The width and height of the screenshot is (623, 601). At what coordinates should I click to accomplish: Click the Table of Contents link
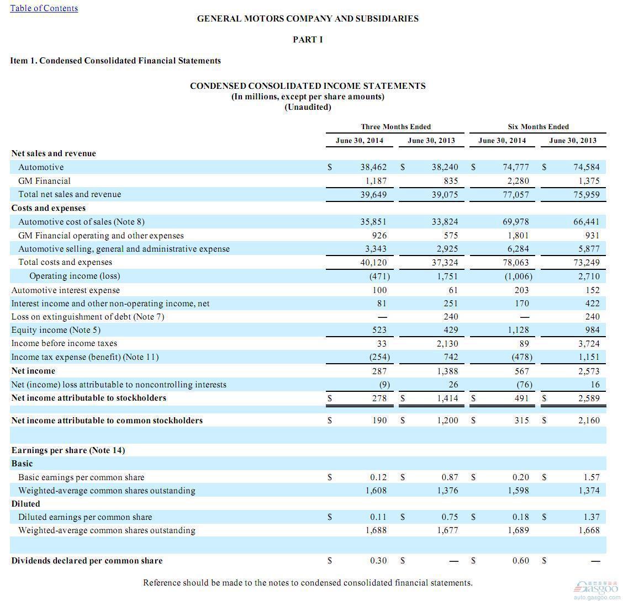(x=44, y=8)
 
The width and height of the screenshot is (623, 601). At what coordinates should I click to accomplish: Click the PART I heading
(x=308, y=40)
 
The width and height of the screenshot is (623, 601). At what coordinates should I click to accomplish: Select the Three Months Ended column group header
(x=396, y=126)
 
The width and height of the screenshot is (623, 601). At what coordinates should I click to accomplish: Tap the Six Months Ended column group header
(x=538, y=126)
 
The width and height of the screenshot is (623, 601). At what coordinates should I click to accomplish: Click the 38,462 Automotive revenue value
(x=373, y=167)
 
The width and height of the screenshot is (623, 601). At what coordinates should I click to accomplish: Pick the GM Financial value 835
(x=451, y=181)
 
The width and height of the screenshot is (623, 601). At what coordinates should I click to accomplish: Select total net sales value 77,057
(x=516, y=194)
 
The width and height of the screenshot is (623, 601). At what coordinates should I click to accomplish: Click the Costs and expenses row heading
(x=49, y=208)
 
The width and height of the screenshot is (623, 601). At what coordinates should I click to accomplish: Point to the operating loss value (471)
(x=379, y=276)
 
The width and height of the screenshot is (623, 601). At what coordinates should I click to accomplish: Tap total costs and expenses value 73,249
(x=587, y=262)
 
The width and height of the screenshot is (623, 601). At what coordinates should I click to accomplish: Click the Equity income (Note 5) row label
(x=56, y=330)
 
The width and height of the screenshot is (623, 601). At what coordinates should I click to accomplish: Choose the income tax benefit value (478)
(x=522, y=357)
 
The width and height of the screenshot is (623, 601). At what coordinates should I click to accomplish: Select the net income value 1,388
(x=448, y=371)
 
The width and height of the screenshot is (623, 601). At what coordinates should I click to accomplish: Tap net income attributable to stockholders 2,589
(x=589, y=398)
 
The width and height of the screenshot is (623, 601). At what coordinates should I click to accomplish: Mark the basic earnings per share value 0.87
(x=450, y=477)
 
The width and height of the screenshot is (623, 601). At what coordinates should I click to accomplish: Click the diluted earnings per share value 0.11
(x=378, y=517)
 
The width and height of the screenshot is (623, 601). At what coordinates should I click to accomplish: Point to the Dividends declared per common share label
(x=87, y=561)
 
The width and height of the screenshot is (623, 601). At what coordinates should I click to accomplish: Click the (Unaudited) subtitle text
(x=308, y=107)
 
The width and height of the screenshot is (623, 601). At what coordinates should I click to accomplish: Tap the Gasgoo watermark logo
(x=596, y=589)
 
